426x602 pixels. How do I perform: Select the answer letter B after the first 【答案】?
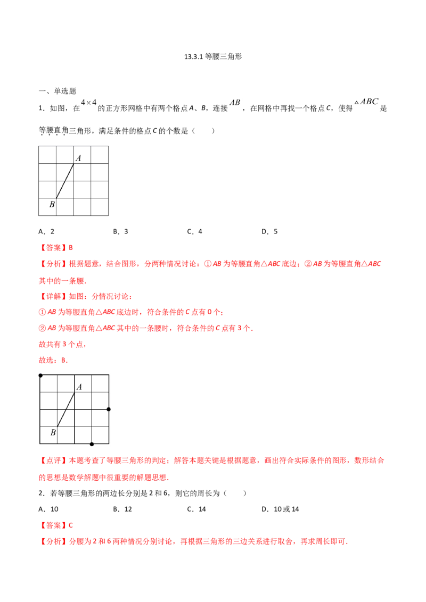tap(73, 248)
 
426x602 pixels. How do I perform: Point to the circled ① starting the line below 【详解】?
tap(41, 313)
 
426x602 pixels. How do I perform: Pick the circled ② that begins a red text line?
tap(41, 329)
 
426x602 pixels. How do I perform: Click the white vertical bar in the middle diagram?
tap(112, 408)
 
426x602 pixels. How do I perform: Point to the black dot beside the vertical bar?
tap(108, 409)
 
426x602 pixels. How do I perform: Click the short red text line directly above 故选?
tap(64, 345)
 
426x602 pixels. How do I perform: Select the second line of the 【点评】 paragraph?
tap(104, 478)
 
